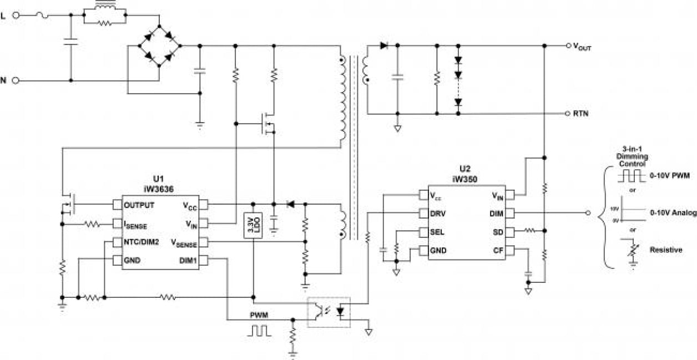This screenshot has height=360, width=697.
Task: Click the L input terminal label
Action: pyautogui.click(x=3, y=16)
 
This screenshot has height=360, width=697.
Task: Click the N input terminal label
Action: pyautogui.click(x=3, y=80)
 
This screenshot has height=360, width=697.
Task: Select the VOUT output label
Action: pyautogui.click(x=582, y=47)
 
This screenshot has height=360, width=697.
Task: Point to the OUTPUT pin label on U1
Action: pyautogui.click(x=139, y=205)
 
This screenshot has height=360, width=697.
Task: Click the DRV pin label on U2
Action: pyautogui.click(x=438, y=213)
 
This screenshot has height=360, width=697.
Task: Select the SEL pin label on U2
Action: pyautogui.click(x=437, y=232)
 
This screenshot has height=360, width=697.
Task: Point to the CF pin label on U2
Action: pyautogui.click(x=497, y=250)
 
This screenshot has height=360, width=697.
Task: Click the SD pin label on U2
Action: pyautogui.click(x=497, y=232)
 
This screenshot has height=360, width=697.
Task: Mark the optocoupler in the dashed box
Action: pyautogui.click(x=329, y=312)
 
